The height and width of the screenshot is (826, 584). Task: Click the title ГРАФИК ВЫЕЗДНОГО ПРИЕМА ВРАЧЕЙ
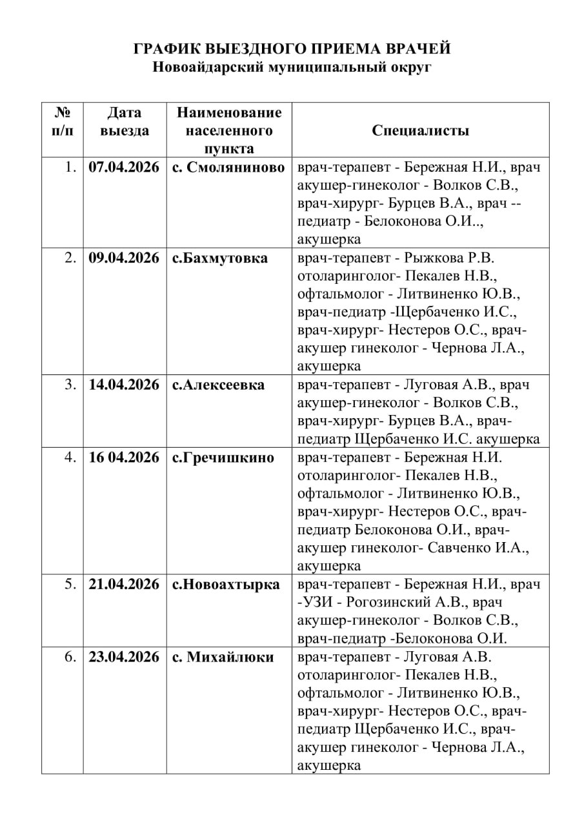292,49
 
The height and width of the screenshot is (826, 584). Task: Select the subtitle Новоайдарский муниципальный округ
292,66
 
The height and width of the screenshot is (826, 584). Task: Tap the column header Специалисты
420,130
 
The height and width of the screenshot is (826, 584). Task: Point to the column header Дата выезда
124,121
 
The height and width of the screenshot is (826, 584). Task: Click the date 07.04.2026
124,167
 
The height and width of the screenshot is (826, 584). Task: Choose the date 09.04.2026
124,258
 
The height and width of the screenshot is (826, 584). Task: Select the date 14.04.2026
124,385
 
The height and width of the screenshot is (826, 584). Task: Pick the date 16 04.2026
124,458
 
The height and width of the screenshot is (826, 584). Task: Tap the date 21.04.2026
124,585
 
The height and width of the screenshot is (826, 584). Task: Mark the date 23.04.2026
124,657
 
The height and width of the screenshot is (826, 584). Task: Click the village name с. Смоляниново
228,167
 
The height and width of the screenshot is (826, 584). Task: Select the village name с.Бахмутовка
219,258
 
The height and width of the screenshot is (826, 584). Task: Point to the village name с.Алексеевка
218,385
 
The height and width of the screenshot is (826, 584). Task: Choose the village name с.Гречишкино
223,458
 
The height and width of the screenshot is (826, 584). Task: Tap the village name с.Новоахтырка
226,585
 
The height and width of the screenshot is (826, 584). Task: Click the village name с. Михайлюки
223,657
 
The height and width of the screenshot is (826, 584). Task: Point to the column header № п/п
62,121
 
